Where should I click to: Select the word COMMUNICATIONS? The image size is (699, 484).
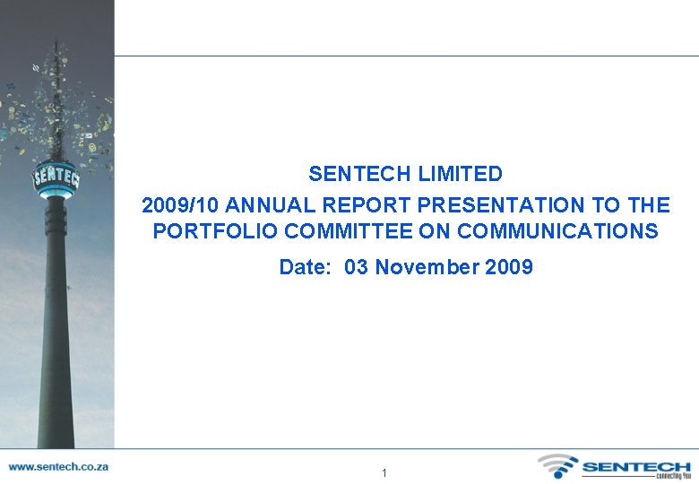pyautogui.click(x=557, y=231)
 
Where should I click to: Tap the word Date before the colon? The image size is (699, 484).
pyautogui.click(x=303, y=267)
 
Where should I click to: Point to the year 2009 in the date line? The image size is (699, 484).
pyautogui.click(x=510, y=267)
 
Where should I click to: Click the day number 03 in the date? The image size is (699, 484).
pyautogui.click(x=356, y=267)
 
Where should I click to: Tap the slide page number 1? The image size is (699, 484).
pyautogui.click(x=384, y=472)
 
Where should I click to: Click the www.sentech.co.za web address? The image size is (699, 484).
pyautogui.click(x=58, y=467)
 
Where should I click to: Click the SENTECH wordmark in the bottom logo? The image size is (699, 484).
pyautogui.click(x=636, y=466)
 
